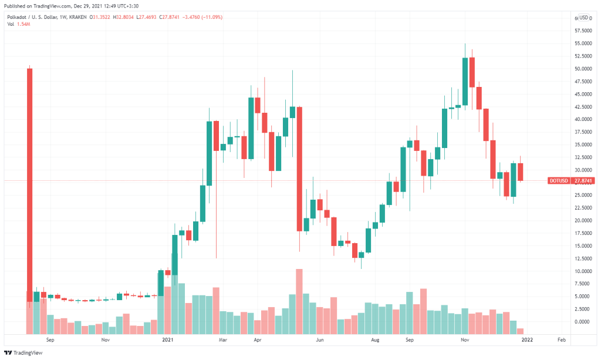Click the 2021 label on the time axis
click(168, 340)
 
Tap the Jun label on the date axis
click(320, 340)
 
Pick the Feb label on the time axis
click(561, 340)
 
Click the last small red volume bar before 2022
click(520, 331)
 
